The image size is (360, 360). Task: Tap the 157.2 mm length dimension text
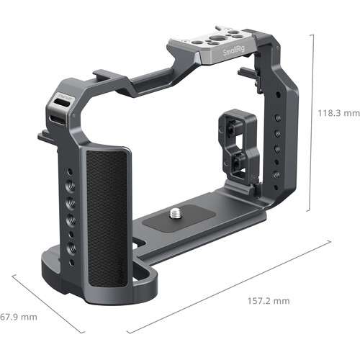tap(270, 300)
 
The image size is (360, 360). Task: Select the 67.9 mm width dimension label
tap(18, 317)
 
